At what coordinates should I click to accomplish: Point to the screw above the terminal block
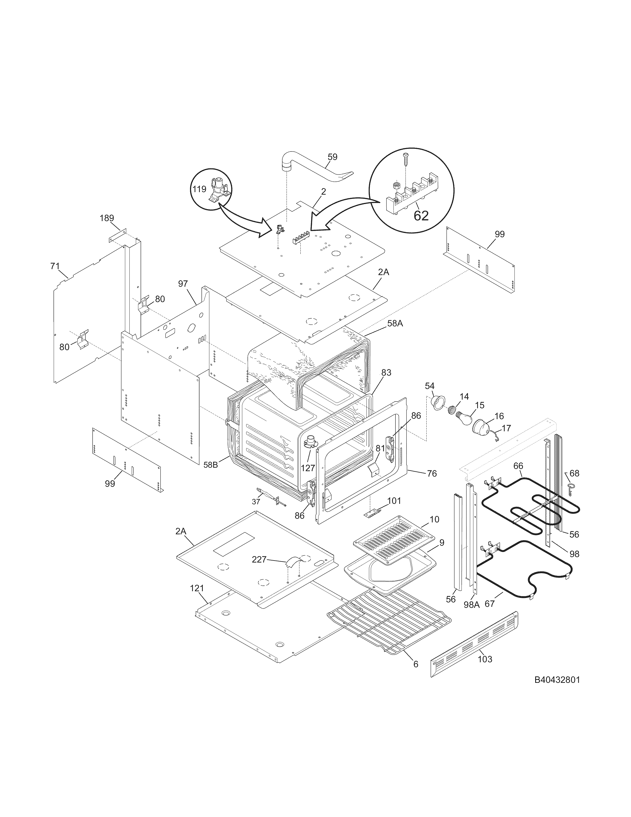406,159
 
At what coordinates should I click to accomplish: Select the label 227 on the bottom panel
259,559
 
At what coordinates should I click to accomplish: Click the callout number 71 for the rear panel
55,266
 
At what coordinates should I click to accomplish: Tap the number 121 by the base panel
197,588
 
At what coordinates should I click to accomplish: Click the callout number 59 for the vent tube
332,157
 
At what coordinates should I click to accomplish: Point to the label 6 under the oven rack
416,664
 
